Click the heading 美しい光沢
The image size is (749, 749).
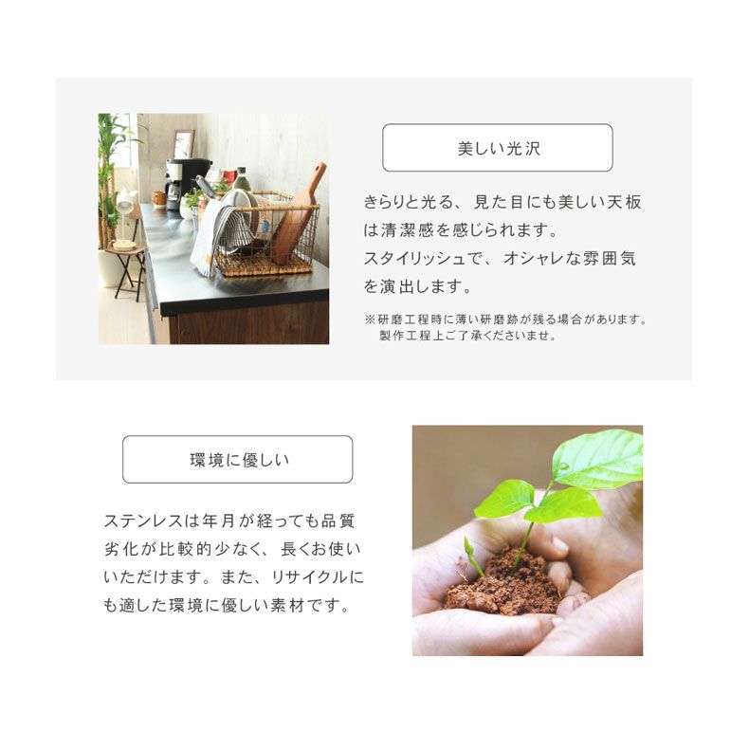click(498, 149)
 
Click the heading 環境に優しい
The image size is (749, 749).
click(239, 461)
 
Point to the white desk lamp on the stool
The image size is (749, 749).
click(123, 213)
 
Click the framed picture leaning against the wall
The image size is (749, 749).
click(184, 143)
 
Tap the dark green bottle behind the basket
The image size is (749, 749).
click(242, 180)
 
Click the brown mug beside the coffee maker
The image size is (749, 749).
click(159, 199)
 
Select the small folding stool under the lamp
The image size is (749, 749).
click(127, 270)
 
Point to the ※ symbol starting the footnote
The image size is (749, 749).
click(369, 320)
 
